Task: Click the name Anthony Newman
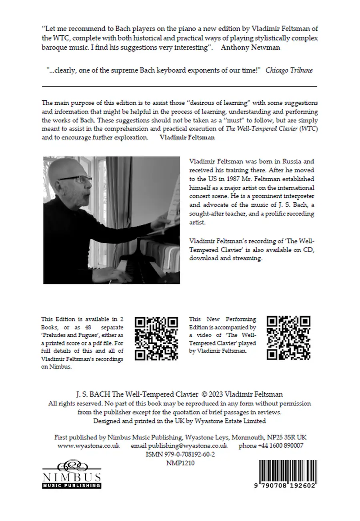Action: coord(250,47)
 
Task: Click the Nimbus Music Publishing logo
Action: coord(72,474)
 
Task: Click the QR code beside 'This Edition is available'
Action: coord(156,338)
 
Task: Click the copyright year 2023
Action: coord(216,394)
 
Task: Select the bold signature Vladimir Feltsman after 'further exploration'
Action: coord(187,137)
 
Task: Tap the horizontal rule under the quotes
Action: coord(180,86)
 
